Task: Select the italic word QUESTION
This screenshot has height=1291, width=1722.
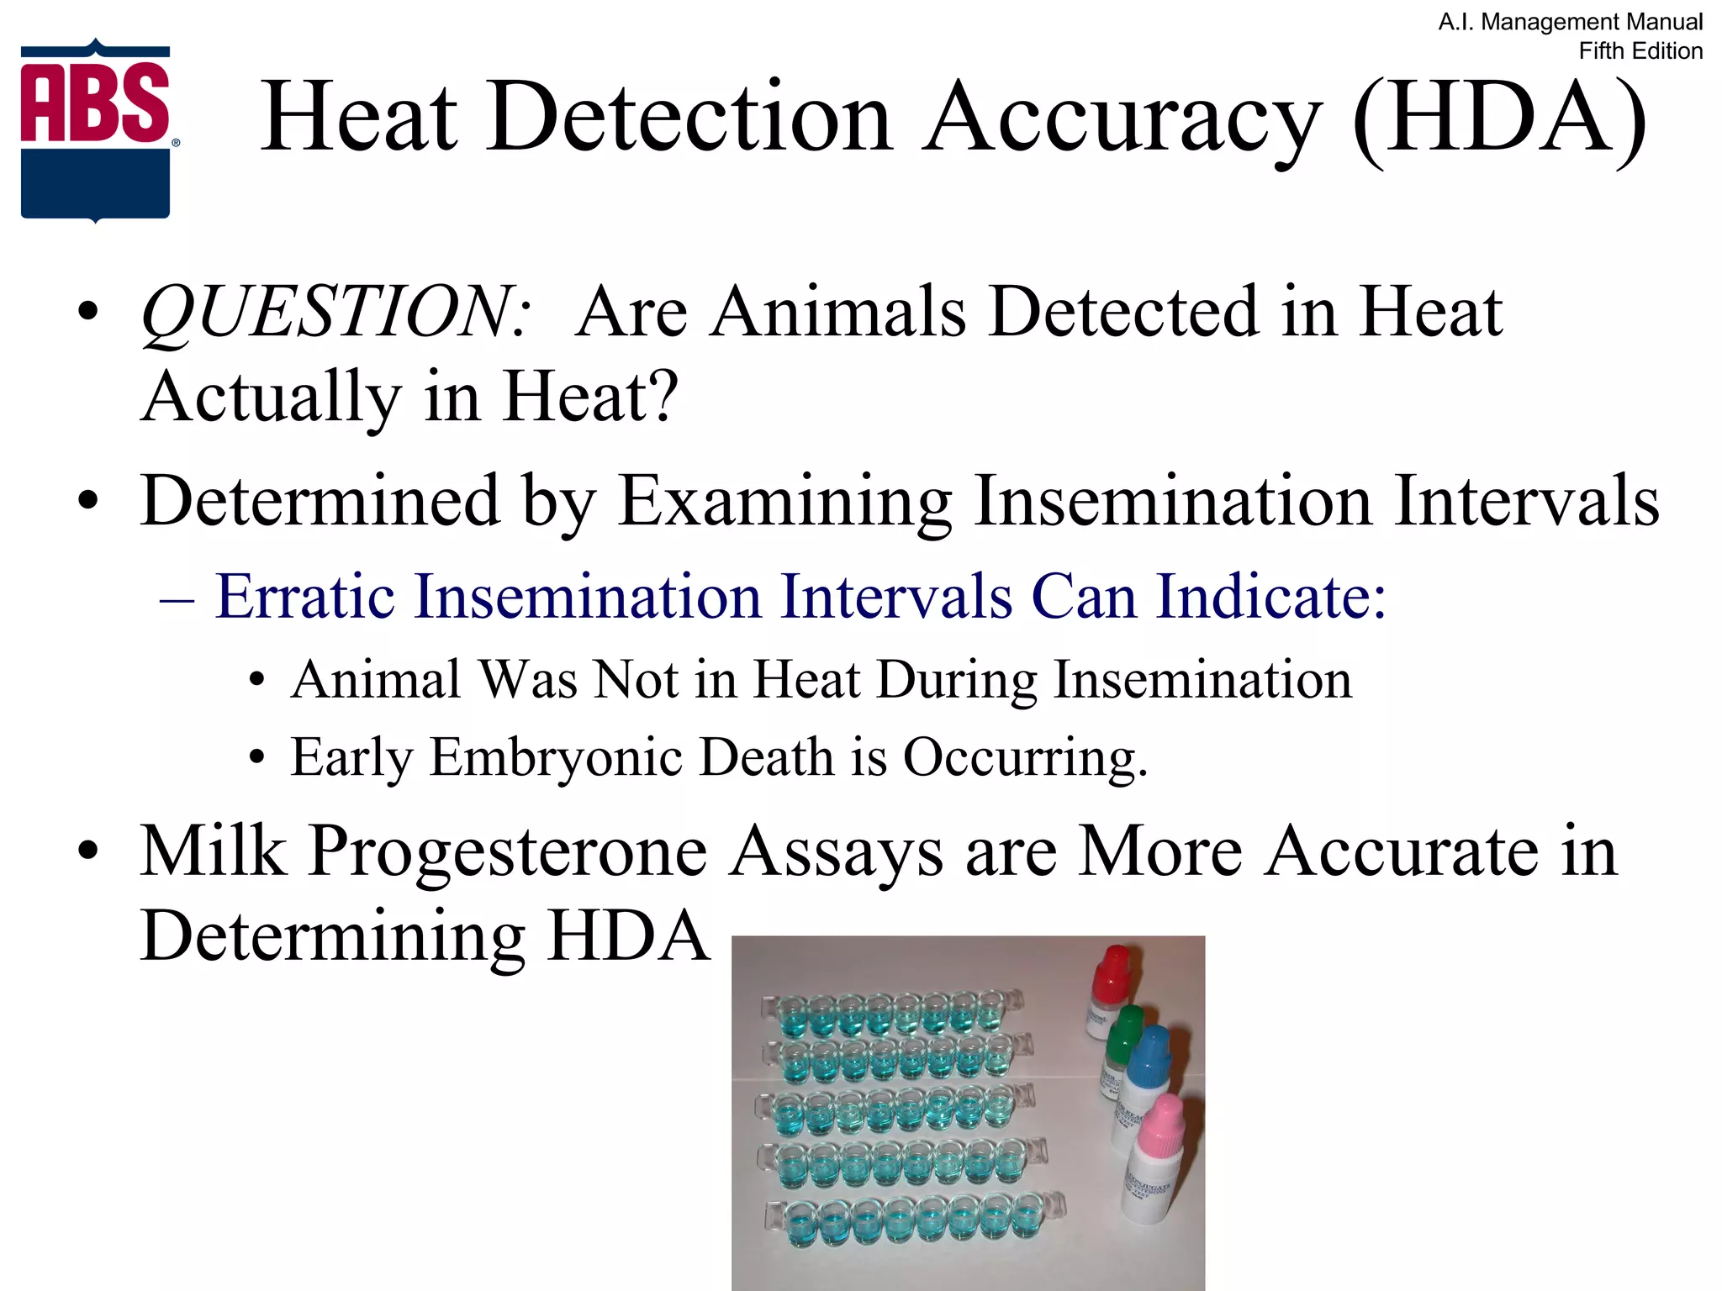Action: [335, 312]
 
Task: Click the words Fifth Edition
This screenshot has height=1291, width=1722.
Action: [1640, 51]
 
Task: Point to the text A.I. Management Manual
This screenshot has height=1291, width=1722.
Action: [1570, 22]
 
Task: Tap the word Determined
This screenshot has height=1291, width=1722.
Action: [320, 501]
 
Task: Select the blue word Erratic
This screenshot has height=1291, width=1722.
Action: [305, 597]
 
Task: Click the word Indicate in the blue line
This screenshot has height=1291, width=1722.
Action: [1270, 597]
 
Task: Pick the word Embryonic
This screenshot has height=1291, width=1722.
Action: [556, 757]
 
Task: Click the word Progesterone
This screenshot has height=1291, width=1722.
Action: [508, 851]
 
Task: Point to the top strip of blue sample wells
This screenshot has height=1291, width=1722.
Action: [891, 1013]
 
